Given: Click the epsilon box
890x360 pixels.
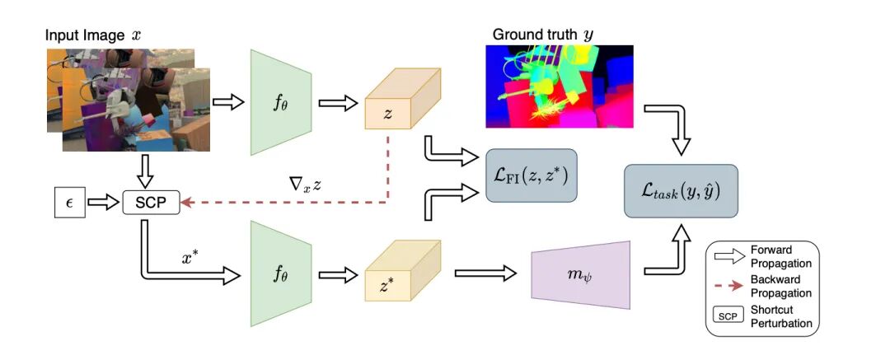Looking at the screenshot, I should click(68, 201).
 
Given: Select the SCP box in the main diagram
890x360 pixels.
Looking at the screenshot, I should click(151, 201).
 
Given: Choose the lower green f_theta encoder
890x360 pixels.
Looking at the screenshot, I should click(280, 270).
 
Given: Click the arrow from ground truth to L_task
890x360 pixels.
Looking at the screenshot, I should click(676, 128).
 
